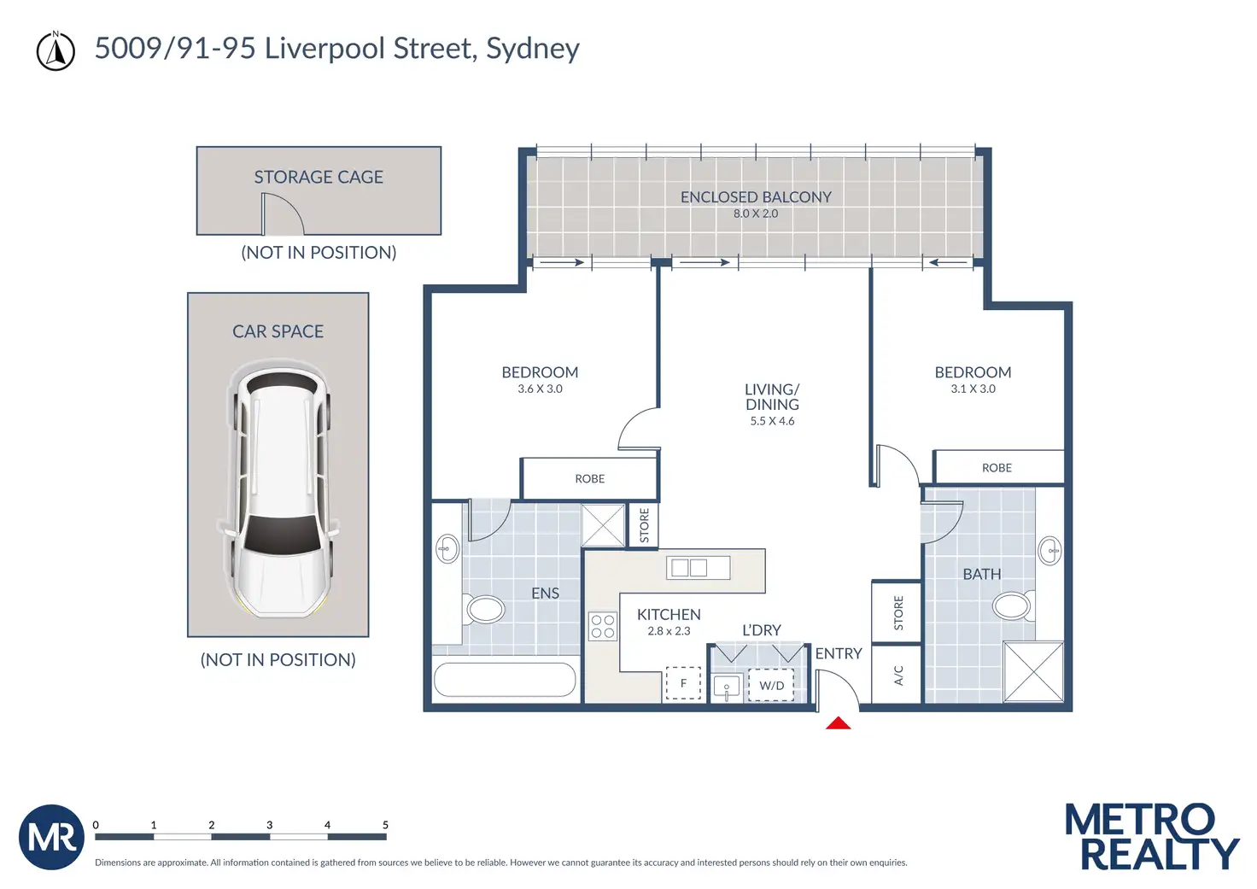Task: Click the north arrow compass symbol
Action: [x=56, y=51]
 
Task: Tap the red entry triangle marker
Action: [x=838, y=722]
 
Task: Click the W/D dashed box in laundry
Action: [x=771, y=685]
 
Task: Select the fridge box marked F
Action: [x=683, y=683]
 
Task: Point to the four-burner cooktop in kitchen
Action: [x=603, y=626]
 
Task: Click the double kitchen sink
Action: [x=698, y=567]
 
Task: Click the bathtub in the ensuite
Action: [x=505, y=680]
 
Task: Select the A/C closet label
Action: [x=897, y=676]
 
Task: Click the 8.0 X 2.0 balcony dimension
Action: [x=756, y=213]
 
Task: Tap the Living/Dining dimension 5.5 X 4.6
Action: [x=772, y=421]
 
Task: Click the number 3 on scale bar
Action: [x=269, y=825]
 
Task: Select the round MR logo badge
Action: [x=51, y=837]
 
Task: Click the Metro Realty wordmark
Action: [x=1152, y=836]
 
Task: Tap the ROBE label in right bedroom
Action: [x=997, y=467]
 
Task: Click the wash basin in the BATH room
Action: [x=1049, y=551]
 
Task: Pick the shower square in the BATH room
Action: [x=1033, y=672]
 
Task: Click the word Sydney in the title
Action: [x=533, y=50]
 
